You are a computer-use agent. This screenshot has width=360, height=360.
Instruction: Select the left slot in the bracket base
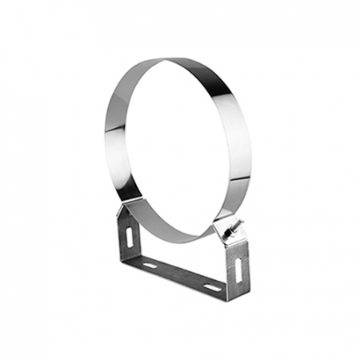click(150, 264)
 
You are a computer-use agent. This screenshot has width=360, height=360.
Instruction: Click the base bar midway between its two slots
click(181, 276)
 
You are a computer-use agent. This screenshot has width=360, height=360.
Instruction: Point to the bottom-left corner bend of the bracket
click(129, 260)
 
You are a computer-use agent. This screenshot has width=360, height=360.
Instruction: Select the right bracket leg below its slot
click(238, 286)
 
